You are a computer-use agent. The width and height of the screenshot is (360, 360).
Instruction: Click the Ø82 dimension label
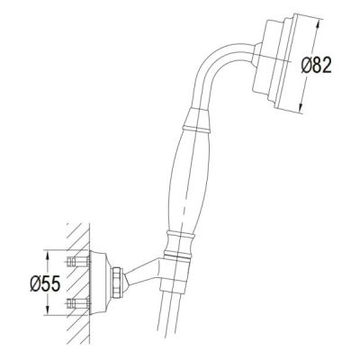point(316,65)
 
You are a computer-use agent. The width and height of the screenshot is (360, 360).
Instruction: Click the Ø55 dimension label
point(45,283)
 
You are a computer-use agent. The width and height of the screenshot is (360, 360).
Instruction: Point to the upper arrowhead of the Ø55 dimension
point(47,256)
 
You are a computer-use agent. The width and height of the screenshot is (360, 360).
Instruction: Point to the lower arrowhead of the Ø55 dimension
point(47,310)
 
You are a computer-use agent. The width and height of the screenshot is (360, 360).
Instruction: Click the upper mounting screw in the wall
point(78,261)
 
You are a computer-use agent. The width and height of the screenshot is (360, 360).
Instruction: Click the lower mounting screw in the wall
point(78,303)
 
